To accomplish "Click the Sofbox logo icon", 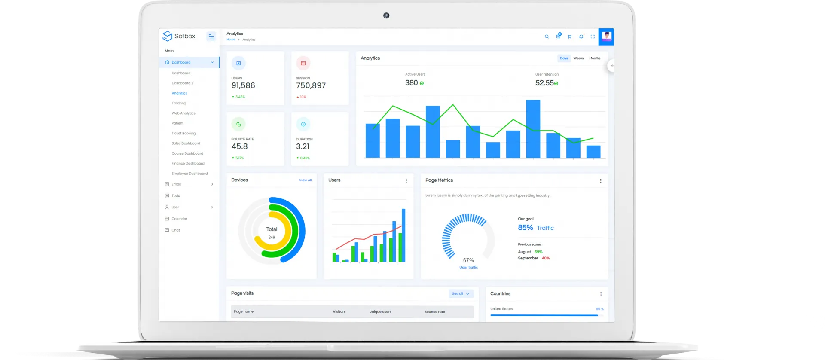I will (167, 36).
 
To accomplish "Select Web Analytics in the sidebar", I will (183, 113).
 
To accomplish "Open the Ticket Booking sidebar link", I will (183, 134).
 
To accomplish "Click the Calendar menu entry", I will (179, 219).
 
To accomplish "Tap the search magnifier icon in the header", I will (547, 37).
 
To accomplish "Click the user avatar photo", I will (606, 37).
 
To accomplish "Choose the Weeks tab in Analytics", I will (578, 58).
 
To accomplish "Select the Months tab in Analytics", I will (595, 58).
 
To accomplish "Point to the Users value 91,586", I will (243, 85).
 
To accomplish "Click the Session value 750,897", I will (311, 85).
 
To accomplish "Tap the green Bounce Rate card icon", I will (238, 124).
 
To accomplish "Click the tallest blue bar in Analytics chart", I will (533, 129).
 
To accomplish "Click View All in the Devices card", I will (305, 180).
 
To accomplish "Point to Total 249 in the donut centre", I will (272, 232).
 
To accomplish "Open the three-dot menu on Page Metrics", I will (601, 181).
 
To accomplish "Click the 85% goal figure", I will (525, 228).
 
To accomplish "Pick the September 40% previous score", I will (545, 258).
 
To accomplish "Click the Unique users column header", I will (380, 312).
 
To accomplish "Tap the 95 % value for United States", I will (599, 309).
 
